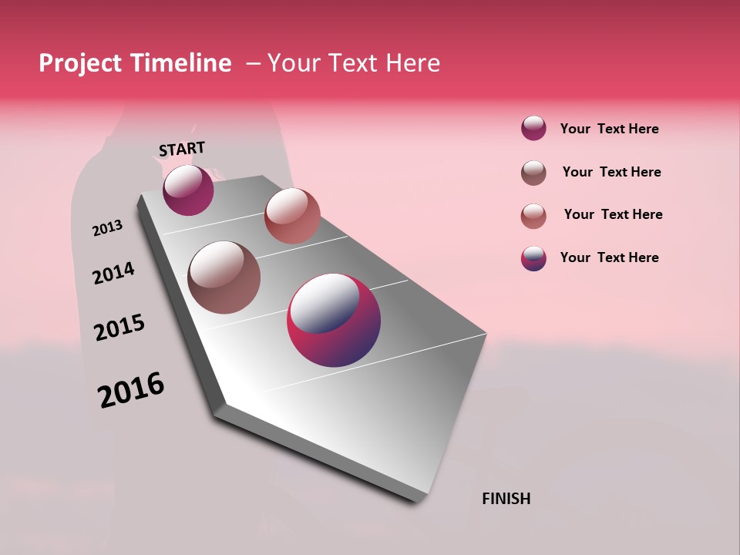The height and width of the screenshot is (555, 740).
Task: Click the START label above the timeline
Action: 182,148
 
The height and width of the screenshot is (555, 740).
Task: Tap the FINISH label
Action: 506,499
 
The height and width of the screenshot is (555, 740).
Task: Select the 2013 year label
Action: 107,228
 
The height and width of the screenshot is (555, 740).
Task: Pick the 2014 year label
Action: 113,273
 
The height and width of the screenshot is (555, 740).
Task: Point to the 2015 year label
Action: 119,328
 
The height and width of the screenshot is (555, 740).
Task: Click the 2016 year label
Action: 131,390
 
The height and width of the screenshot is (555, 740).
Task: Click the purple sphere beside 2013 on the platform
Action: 188,190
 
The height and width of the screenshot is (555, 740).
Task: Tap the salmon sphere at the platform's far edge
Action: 292,216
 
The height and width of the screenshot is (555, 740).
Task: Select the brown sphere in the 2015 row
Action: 224,277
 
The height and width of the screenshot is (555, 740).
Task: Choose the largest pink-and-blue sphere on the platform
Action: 334,319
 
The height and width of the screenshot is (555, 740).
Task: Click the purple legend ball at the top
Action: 533,129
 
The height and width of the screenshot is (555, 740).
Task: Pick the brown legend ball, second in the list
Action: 533,173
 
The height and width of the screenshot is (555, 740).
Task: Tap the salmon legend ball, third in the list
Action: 533,216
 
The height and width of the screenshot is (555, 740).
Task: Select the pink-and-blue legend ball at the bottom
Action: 533,258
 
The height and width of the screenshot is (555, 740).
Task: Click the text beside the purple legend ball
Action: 609,129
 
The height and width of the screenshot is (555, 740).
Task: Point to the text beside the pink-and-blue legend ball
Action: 609,257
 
